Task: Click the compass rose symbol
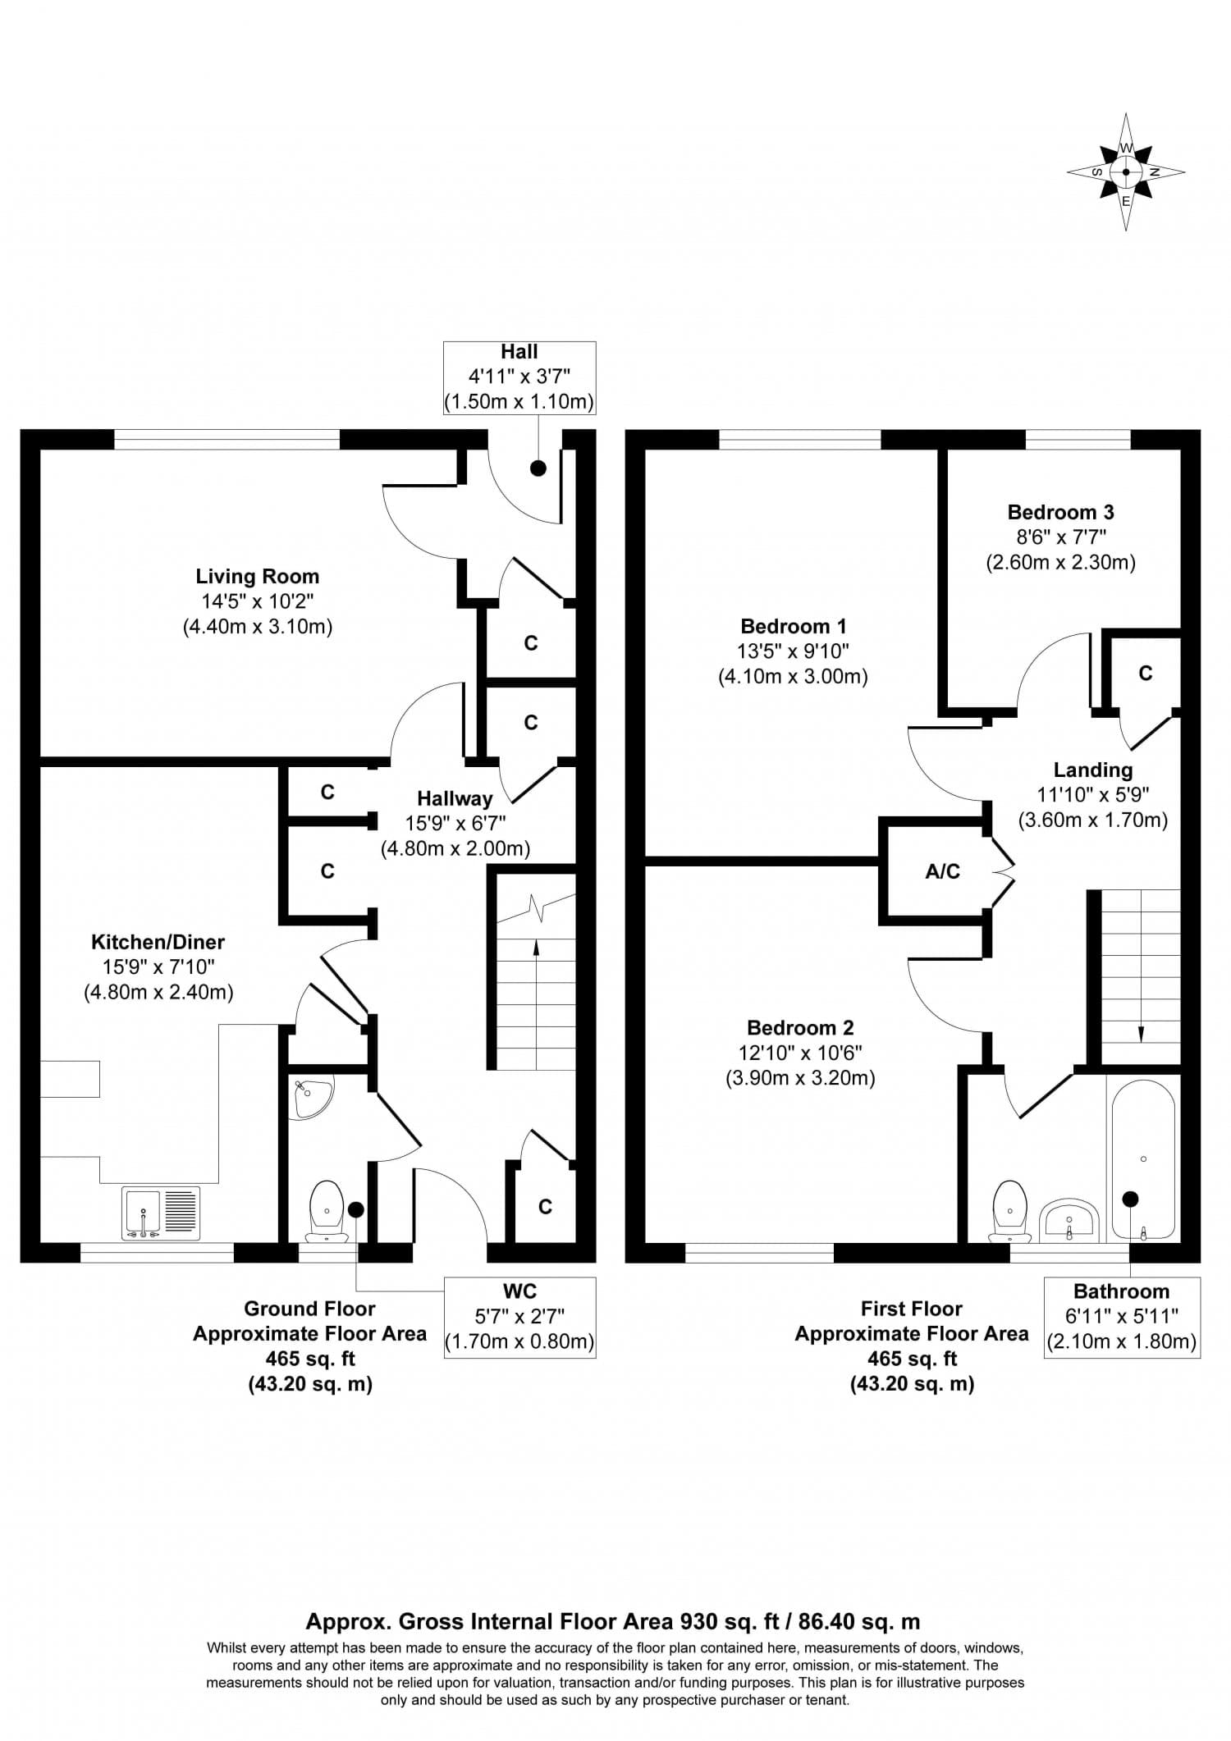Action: (x=1125, y=172)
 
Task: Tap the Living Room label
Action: (x=257, y=576)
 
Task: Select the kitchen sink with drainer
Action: (x=161, y=1213)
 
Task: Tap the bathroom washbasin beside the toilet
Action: (x=1069, y=1221)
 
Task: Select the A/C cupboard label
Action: (x=942, y=872)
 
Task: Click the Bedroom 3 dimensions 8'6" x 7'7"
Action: (x=1060, y=537)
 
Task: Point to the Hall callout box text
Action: (x=519, y=377)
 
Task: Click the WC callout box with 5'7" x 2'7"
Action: (x=519, y=1317)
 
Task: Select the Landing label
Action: (x=1092, y=770)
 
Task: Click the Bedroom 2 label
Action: (x=800, y=1027)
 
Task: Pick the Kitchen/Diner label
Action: (x=158, y=942)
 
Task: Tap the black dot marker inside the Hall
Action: (x=538, y=468)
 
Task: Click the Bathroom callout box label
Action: (x=1121, y=1291)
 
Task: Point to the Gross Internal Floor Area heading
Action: (x=612, y=1621)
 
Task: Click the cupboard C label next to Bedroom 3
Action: (x=1146, y=674)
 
